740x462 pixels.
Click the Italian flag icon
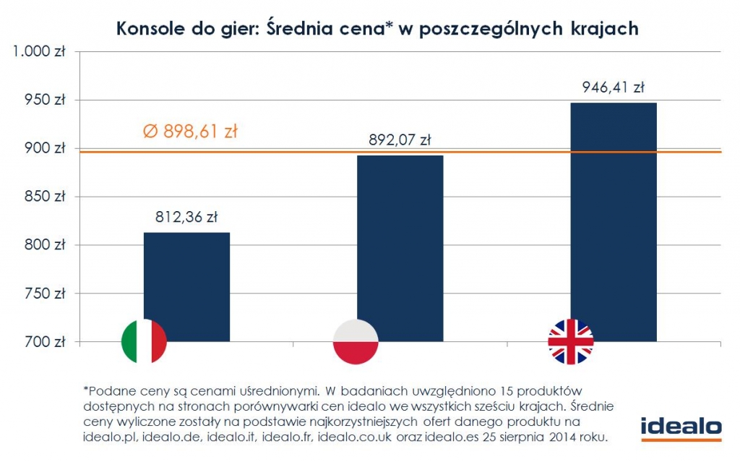pos(144,341)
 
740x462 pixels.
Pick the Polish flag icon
pos(356,341)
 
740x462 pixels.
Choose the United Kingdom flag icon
pos(570,341)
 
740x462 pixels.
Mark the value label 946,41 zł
pos(614,88)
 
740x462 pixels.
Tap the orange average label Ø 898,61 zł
pos(189,132)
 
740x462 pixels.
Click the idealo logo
pos(681,428)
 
